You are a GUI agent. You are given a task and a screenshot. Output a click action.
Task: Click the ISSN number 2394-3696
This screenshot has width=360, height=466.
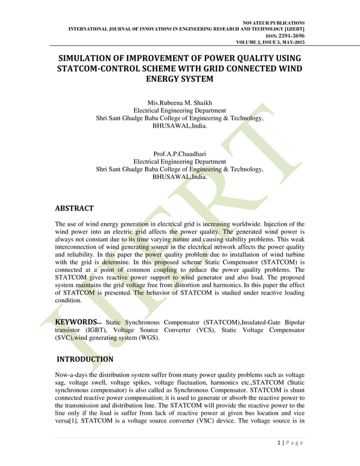(289, 34)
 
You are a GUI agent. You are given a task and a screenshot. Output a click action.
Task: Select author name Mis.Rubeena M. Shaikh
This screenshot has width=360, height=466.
(179, 102)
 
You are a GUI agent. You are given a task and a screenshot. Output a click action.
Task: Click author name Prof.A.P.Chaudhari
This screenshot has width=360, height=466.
(179, 153)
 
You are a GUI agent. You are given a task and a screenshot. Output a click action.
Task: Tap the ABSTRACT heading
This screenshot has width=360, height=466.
(74, 208)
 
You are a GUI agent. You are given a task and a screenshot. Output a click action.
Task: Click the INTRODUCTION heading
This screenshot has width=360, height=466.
(85, 359)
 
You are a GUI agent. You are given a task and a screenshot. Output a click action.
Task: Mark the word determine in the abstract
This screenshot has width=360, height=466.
(117, 262)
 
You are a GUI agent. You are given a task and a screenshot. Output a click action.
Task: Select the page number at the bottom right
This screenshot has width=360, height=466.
(280, 442)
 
